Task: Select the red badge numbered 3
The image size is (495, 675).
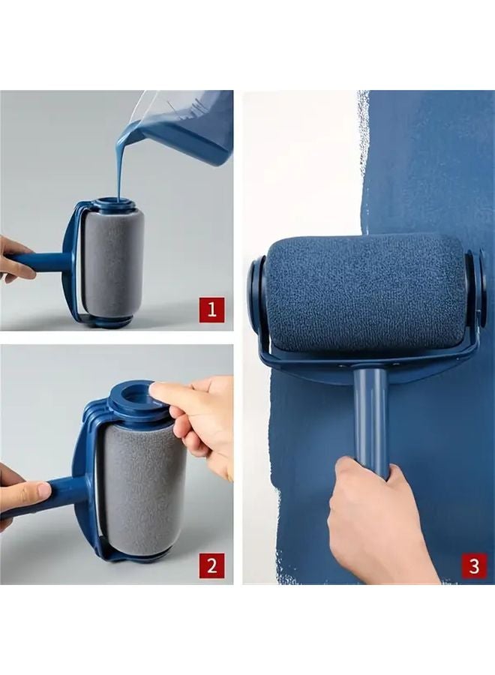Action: coord(472,565)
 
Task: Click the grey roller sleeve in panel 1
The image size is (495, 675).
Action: coord(111,262)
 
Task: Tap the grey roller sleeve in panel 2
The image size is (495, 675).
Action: coord(142,487)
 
